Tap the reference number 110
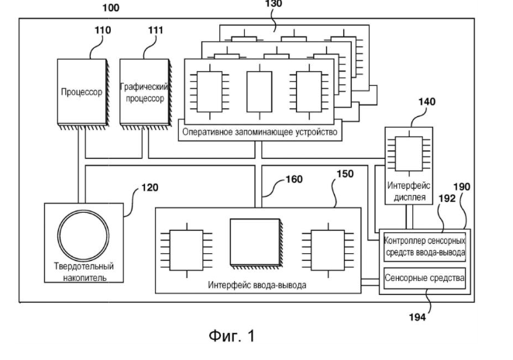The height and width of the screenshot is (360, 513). click(103, 30)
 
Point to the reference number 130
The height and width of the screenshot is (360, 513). click(274, 4)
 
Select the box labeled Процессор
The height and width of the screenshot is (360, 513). click(81, 91)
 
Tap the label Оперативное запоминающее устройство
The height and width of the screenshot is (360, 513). click(260, 132)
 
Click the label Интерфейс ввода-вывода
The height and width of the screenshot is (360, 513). click(256, 285)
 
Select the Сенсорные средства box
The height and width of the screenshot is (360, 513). click(425, 277)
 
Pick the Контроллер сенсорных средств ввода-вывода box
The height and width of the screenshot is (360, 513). click(425, 246)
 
